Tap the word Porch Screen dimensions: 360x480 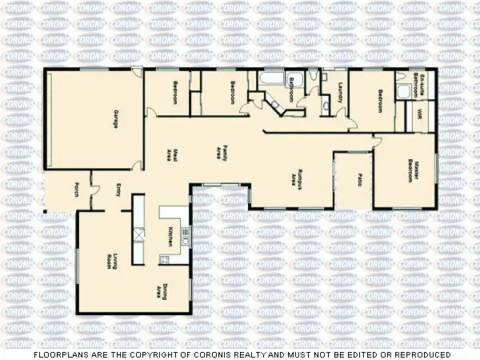pos(76,190)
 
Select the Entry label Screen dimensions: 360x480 pos(118,190)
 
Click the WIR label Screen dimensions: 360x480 pos(420,114)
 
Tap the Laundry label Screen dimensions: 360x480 pos(339,93)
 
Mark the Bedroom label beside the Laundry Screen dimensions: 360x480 pos(381,102)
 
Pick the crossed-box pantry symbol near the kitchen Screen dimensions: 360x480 pos(138,234)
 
